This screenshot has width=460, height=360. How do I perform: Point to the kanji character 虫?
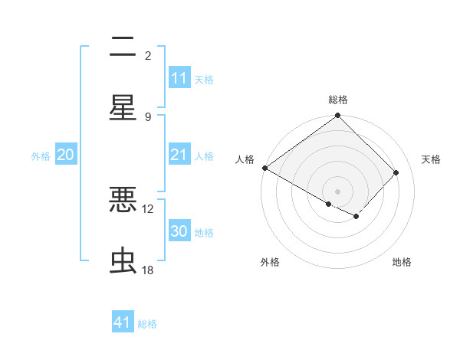point(123,261)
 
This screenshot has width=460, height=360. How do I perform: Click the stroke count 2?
point(148,55)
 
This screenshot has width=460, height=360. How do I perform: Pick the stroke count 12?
point(148,208)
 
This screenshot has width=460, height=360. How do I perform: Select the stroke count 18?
point(148,270)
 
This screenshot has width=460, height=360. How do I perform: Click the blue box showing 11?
point(179,78)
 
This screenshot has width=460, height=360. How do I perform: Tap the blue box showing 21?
point(179,155)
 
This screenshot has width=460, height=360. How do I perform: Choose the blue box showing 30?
point(179,231)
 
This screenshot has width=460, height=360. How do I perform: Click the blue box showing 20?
point(65,155)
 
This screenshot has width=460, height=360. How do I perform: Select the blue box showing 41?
point(123,322)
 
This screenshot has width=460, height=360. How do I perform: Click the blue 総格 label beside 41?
point(147,324)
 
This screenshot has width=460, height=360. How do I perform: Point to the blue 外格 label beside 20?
point(41,155)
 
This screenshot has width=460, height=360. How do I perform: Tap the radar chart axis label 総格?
point(338,100)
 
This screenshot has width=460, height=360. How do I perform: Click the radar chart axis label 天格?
point(431,159)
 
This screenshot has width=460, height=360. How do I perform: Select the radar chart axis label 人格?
point(245,159)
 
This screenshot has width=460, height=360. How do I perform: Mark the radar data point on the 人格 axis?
point(264,168)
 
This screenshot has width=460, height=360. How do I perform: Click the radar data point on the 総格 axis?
point(338,116)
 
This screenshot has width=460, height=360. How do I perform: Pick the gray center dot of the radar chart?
point(338,191)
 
